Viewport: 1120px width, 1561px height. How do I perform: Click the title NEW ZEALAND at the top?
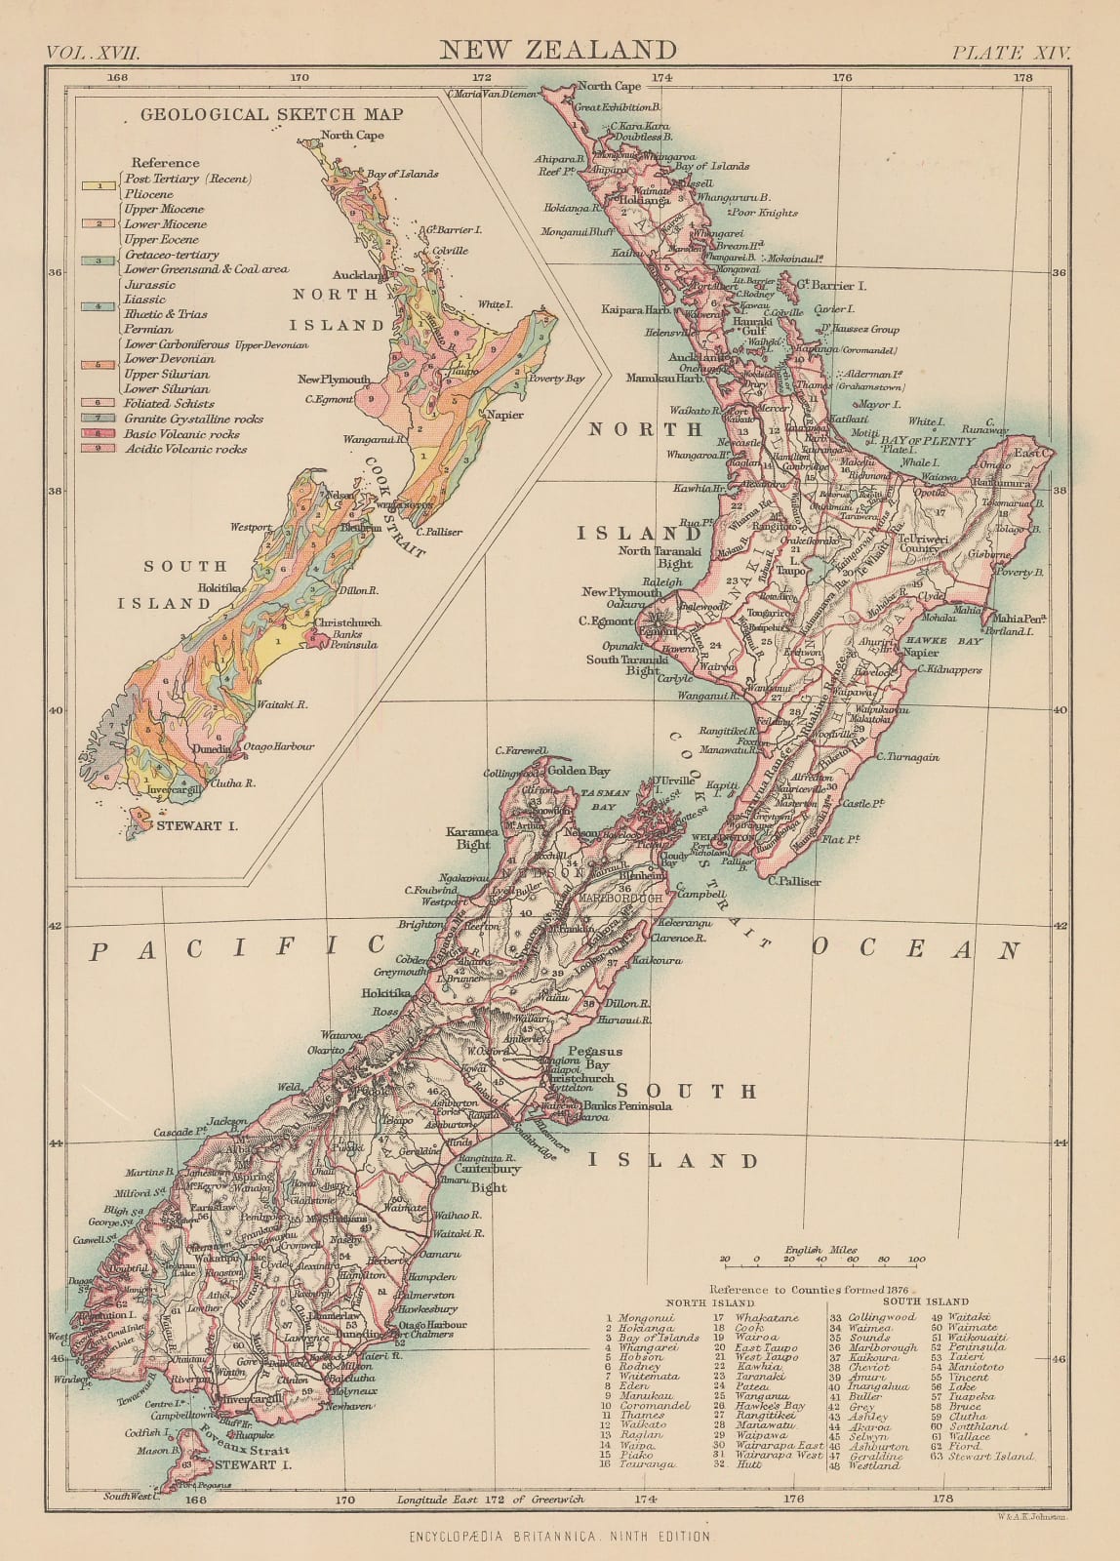pyautogui.click(x=559, y=50)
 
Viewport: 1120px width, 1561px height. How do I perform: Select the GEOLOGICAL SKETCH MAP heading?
pyautogui.click(x=272, y=114)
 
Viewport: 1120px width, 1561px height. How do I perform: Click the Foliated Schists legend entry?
pyautogui.click(x=169, y=403)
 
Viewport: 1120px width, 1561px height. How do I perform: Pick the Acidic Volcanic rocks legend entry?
pyautogui.click(x=185, y=449)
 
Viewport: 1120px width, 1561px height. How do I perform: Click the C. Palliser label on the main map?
pyautogui.click(x=794, y=881)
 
